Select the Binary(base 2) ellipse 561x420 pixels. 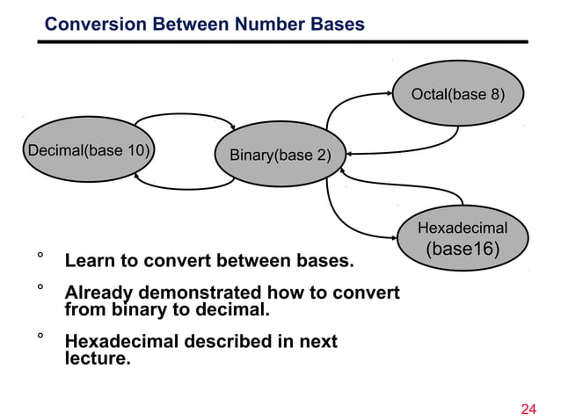click(x=280, y=156)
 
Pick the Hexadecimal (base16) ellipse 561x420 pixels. click(x=463, y=239)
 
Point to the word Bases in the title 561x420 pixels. click(x=335, y=25)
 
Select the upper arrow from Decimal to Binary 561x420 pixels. click(x=186, y=116)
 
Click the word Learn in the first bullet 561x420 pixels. click(x=91, y=262)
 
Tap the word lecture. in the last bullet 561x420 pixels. click(x=98, y=358)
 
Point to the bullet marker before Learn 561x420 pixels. click(x=40, y=257)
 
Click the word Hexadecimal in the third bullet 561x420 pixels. click(x=120, y=341)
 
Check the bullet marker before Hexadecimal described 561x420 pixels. click(x=40, y=337)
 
